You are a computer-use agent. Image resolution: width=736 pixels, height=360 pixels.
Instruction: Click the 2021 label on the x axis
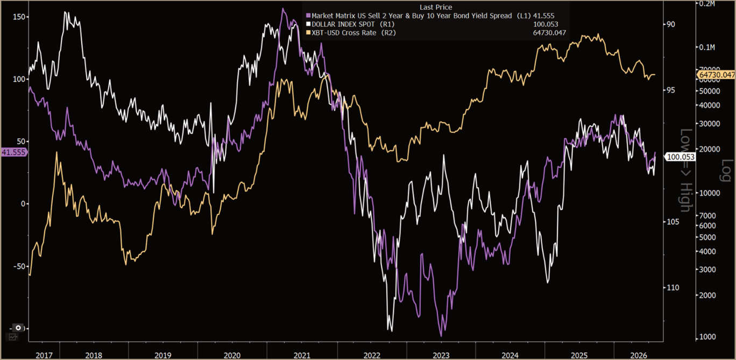pyautogui.click(x=302, y=355)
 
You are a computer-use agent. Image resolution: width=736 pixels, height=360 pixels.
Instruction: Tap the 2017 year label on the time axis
pyautogui.click(x=44, y=355)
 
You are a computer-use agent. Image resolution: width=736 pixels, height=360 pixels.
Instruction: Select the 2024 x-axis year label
pyautogui.click(x=510, y=355)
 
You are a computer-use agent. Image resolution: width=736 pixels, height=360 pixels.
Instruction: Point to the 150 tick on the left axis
pyautogui.click(x=19, y=17)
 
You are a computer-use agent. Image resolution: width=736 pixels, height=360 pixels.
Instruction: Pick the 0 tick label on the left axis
pyautogui.click(x=23, y=204)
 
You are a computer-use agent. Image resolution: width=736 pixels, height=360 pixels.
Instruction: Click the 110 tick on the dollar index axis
pyautogui.click(x=673, y=288)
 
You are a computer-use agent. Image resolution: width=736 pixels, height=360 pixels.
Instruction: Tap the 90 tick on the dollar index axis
pyautogui.click(x=670, y=24)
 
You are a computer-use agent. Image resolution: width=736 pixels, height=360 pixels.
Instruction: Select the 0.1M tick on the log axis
pyautogui.click(x=707, y=47)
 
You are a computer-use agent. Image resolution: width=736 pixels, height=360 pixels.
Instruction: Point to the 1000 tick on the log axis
pyautogui.click(x=707, y=337)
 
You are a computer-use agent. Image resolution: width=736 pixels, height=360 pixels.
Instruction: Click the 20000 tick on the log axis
pyautogui.click(x=710, y=149)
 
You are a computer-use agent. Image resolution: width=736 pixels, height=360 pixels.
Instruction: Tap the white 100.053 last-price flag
pyautogui.click(x=681, y=157)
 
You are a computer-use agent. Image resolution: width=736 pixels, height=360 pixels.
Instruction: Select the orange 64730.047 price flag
pyautogui.click(x=716, y=75)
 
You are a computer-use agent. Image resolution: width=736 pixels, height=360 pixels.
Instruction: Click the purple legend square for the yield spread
pyautogui.click(x=308, y=16)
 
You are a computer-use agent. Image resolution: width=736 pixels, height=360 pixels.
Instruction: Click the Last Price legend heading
pyautogui.click(x=436, y=7)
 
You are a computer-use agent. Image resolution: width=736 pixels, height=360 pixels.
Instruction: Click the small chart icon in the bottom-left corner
pyautogui.click(x=12, y=337)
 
